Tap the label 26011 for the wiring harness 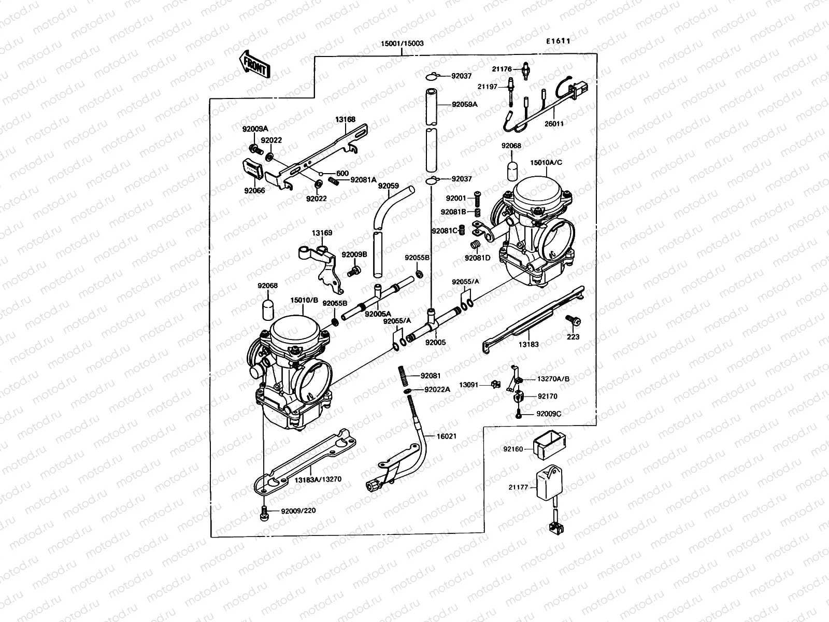[x=554, y=124]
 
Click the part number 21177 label [x=518, y=488]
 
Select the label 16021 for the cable [x=446, y=437]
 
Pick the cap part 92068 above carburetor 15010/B [x=268, y=307]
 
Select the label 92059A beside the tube [x=464, y=104]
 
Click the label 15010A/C [x=546, y=162]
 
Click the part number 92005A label [x=377, y=314]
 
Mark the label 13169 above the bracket [x=322, y=233]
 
